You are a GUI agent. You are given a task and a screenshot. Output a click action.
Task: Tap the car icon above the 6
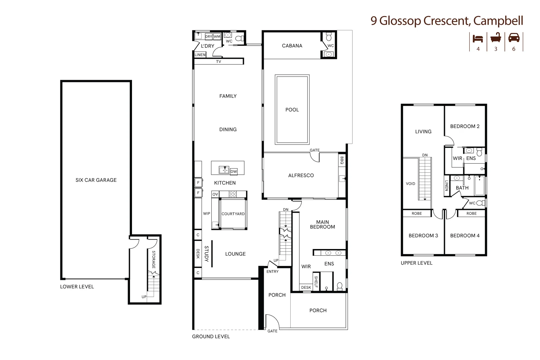click(514, 38)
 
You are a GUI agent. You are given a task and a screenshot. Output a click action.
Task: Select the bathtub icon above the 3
click(496, 38)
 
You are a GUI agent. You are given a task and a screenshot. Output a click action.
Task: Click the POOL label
click(292, 110)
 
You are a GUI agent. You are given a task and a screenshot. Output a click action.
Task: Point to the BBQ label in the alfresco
click(342, 161)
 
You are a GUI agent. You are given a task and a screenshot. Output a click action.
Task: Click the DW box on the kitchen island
click(234, 171)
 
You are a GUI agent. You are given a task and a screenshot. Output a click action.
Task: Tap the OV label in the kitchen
click(215, 194)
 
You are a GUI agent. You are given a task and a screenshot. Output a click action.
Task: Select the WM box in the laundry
click(217, 37)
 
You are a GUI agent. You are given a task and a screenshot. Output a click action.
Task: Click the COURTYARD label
click(233, 214)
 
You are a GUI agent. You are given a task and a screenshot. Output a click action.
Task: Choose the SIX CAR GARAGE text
click(96, 180)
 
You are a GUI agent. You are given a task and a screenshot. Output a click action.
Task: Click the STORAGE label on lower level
click(154, 259)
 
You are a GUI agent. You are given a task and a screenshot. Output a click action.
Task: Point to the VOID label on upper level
click(410, 184)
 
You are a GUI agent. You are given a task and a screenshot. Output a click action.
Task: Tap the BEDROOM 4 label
click(465, 236)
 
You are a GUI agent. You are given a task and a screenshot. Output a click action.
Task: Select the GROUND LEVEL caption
click(211, 337)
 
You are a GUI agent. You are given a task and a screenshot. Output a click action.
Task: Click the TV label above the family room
click(219, 62)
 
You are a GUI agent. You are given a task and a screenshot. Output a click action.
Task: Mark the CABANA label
click(292, 46)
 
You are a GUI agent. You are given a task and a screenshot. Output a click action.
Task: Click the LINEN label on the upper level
click(446, 186)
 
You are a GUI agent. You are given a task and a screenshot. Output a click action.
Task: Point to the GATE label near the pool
click(314, 150)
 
